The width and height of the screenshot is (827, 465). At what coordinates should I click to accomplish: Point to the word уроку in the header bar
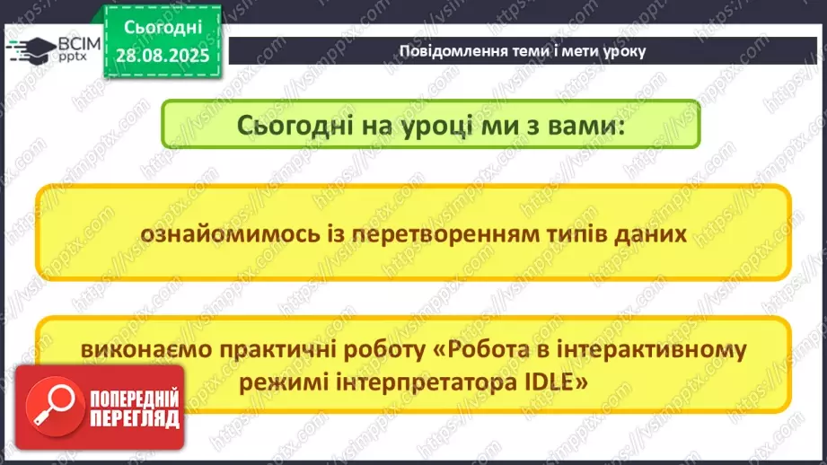620,50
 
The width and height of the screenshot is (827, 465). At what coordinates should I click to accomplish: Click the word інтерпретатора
423,381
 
